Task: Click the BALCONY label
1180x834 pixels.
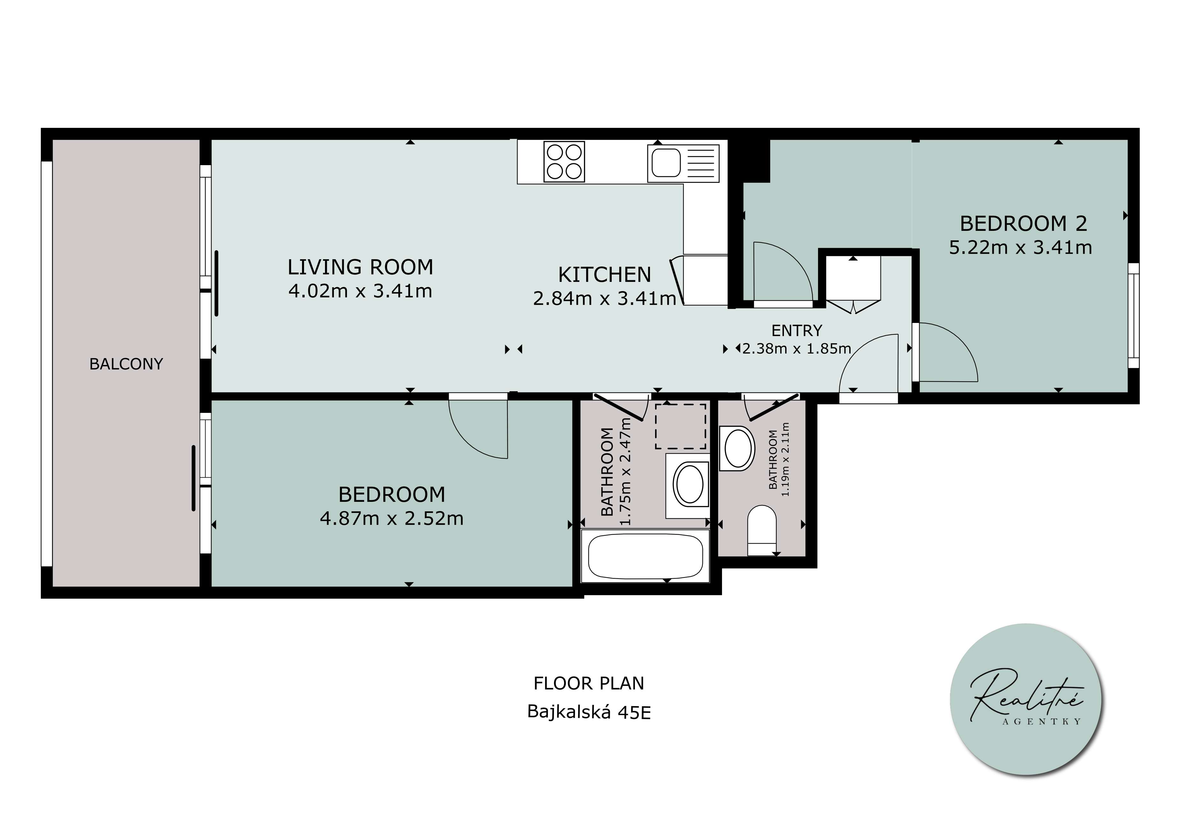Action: point(126,364)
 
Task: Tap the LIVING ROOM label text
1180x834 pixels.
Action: point(360,267)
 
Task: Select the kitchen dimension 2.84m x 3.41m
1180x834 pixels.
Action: point(604,298)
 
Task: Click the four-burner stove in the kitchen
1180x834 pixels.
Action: point(564,161)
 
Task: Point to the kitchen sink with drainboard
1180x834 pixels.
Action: point(683,163)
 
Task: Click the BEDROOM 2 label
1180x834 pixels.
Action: point(1023,223)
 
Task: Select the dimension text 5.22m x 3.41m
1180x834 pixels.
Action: point(1020,248)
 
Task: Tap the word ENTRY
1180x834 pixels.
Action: point(797,330)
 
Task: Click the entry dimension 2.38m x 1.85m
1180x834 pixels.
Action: point(797,349)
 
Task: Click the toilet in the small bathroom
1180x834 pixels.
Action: point(761,530)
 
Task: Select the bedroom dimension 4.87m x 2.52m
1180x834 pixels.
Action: point(392,518)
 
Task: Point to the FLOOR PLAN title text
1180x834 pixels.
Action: point(589,684)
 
